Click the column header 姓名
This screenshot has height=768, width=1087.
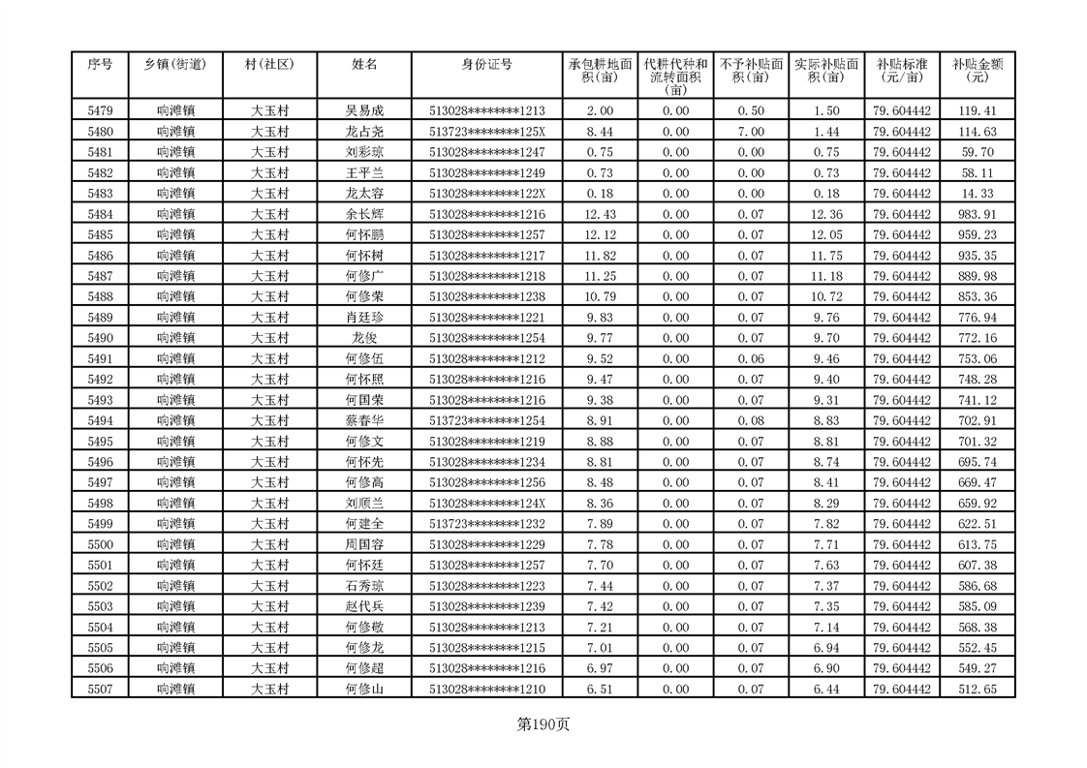point(364,65)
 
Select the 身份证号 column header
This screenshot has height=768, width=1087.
point(486,65)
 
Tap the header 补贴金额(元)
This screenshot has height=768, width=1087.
point(977,70)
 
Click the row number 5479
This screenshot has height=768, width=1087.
point(100,111)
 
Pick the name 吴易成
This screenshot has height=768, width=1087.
point(364,111)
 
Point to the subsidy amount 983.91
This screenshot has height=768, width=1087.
point(977,214)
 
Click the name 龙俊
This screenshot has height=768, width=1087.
point(364,338)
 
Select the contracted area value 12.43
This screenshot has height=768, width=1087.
point(600,214)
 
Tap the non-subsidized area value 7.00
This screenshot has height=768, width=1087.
point(751,132)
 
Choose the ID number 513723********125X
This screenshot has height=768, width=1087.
point(486,132)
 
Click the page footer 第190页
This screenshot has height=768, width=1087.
point(543,723)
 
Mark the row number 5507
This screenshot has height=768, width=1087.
point(100,689)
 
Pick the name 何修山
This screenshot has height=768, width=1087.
point(364,689)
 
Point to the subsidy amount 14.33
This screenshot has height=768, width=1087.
point(977,194)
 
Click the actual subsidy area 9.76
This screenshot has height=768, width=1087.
point(826,318)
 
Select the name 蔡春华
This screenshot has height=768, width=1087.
point(364,420)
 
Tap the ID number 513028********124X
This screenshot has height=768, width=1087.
point(486,503)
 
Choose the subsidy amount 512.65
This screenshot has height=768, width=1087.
point(977,689)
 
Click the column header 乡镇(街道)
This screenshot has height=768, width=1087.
point(175,65)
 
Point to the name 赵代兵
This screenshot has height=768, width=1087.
point(364,606)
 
